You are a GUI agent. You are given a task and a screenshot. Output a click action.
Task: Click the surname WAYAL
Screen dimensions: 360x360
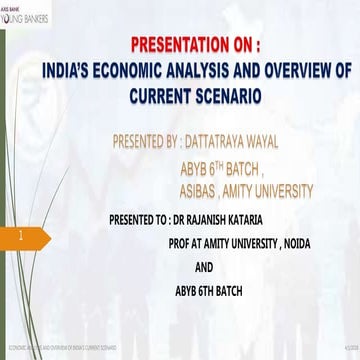click(x=306, y=141)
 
